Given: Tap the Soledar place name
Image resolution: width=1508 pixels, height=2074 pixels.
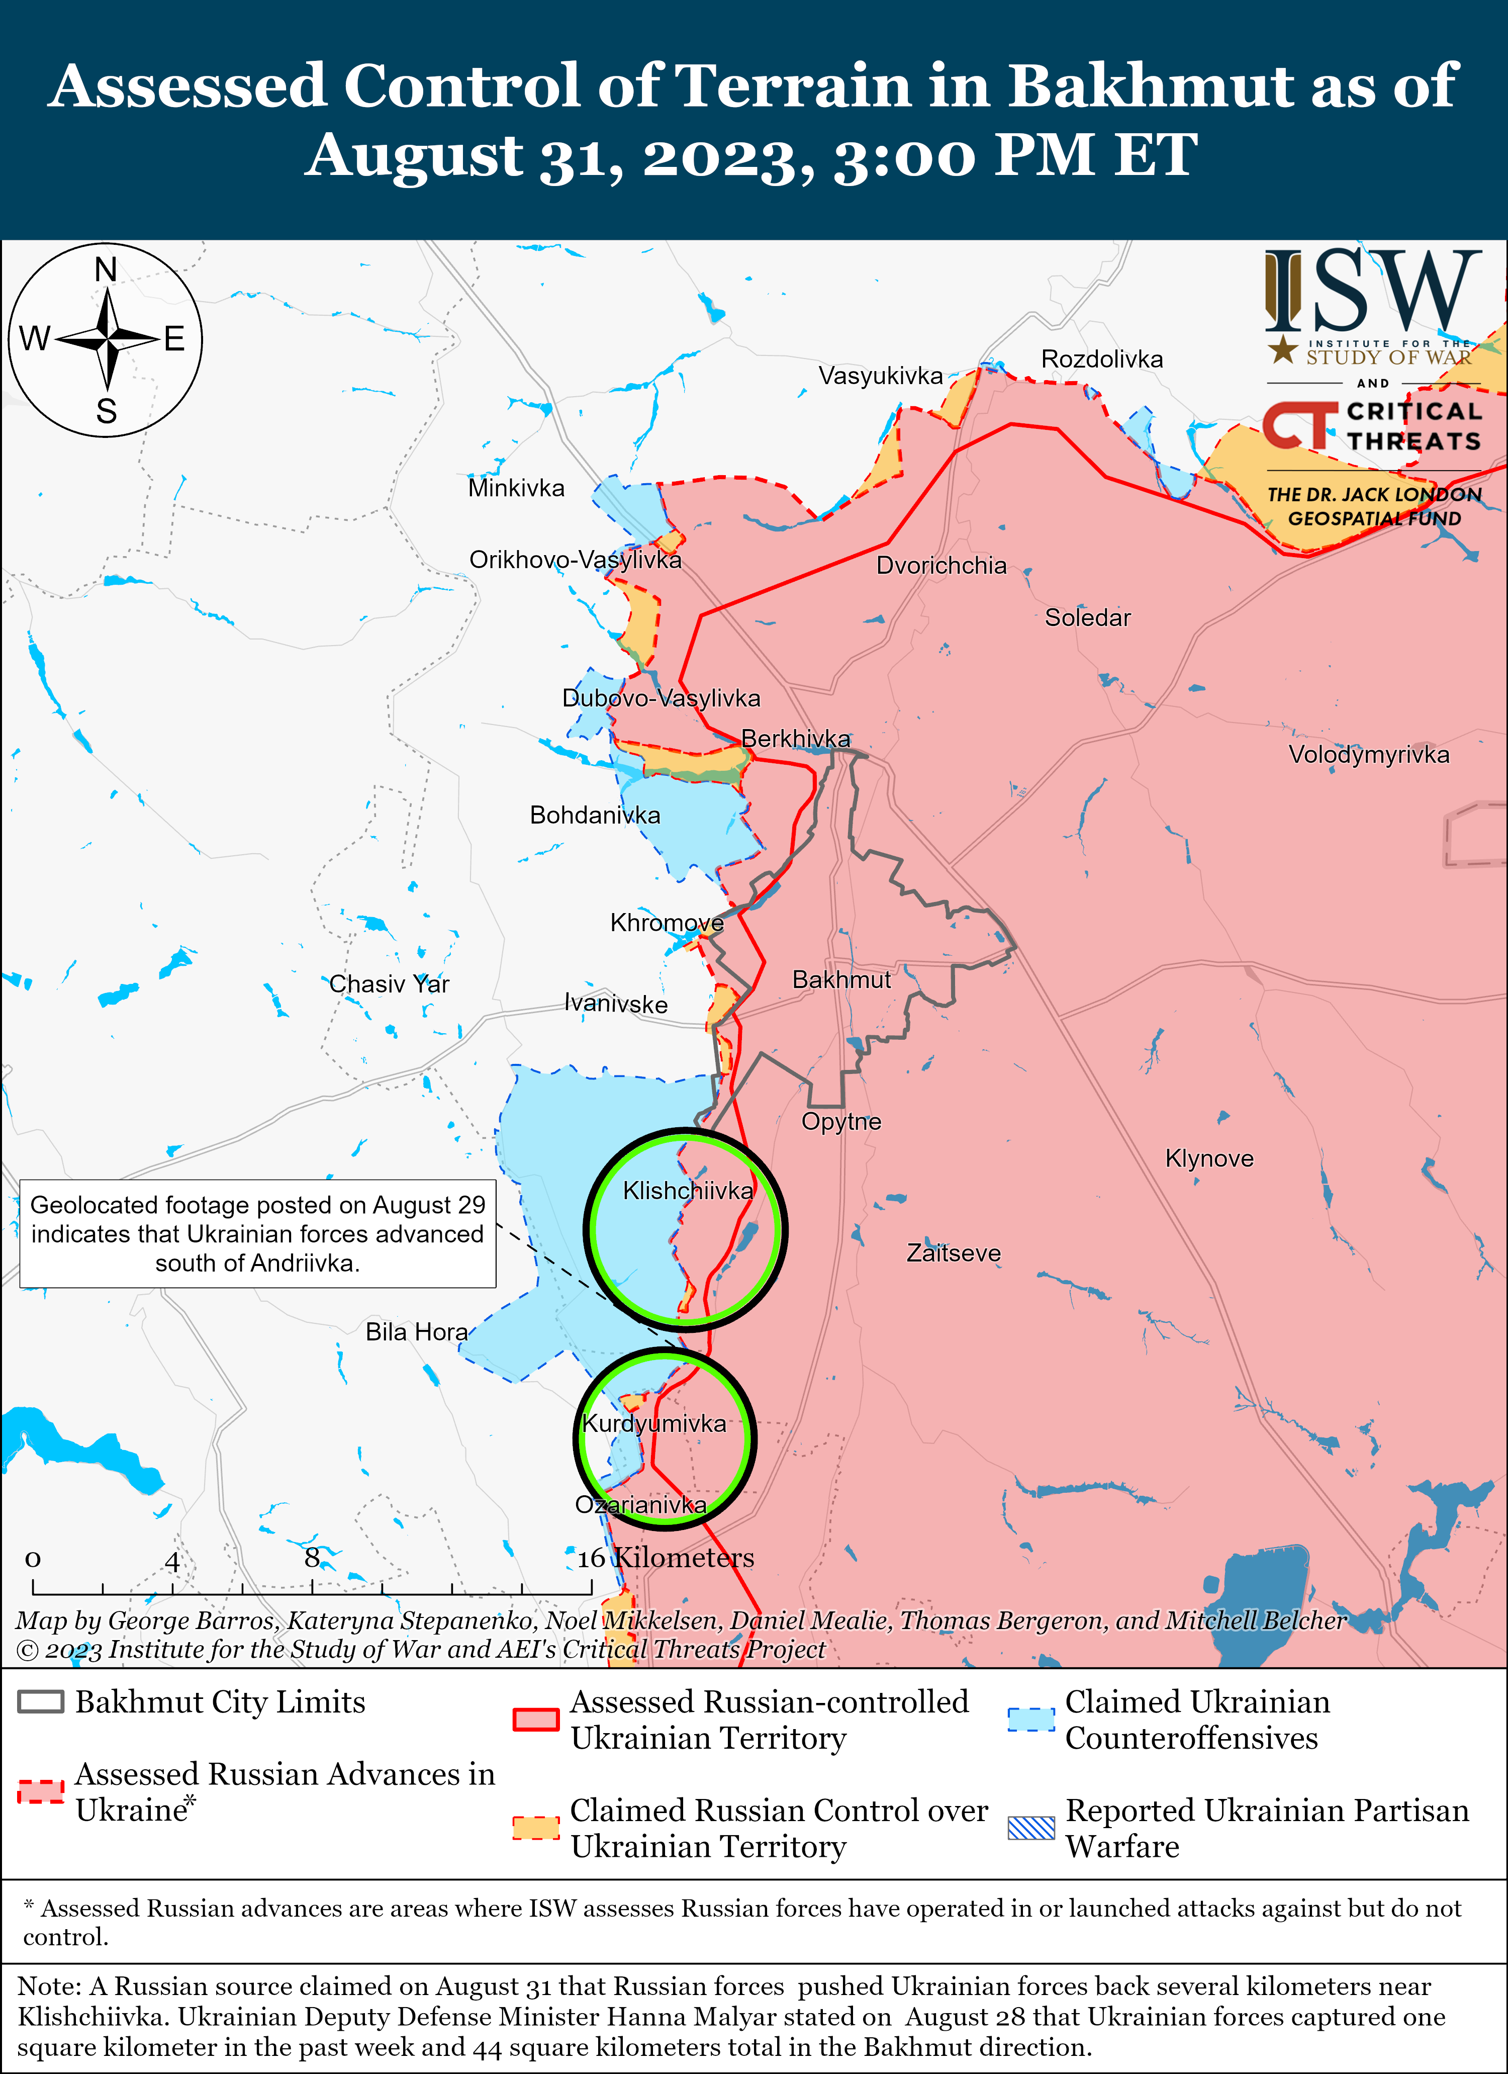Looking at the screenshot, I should point(1087,618).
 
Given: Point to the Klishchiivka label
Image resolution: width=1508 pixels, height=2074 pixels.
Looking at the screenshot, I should point(688,1191).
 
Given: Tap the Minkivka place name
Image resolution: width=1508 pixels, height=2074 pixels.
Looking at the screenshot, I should point(516,488).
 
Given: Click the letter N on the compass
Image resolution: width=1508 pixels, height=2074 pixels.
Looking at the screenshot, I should point(106,270).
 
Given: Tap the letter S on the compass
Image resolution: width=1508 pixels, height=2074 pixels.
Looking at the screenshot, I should point(106,411).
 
